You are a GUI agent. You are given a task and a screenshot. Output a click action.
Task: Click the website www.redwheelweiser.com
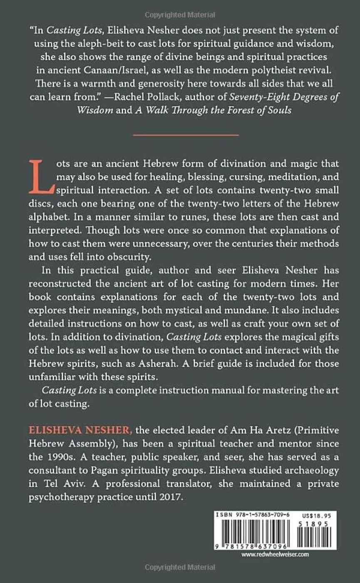[x=275, y=554]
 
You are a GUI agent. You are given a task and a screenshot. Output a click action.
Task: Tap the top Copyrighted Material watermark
[x=180, y=15]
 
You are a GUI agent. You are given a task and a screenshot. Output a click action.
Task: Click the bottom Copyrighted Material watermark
[x=180, y=568]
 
